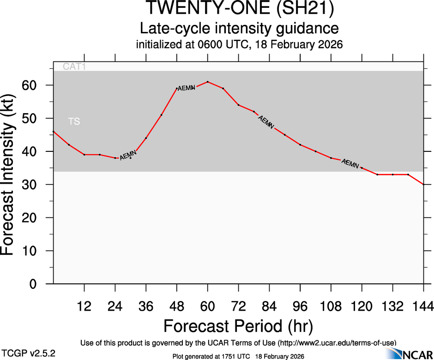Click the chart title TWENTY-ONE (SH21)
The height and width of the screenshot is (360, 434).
click(239, 9)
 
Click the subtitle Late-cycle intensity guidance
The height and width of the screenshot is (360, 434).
click(239, 28)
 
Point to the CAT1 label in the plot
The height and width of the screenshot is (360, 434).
click(75, 67)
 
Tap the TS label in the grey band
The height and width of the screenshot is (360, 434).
click(74, 122)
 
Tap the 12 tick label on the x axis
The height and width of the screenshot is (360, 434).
click(84, 306)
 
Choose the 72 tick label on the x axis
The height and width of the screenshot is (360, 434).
click(238, 306)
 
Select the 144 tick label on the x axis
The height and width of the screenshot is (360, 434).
click(423, 306)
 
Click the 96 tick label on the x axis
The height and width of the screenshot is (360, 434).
click(300, 306)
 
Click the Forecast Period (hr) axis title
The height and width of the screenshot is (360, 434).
click(238, 326)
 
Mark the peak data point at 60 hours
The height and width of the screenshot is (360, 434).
click(208, 82)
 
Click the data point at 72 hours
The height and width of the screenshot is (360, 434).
click(238, 105)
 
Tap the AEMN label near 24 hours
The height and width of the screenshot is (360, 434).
click(128, 156)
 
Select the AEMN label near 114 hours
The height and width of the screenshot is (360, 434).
click(350, 163)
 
